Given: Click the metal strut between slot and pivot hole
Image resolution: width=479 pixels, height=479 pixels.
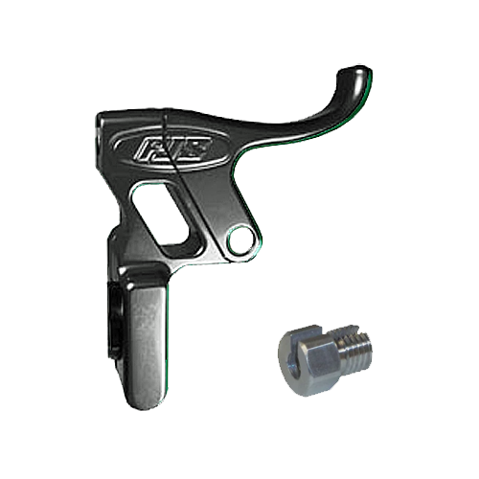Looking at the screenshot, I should click(x=205, y=225).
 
